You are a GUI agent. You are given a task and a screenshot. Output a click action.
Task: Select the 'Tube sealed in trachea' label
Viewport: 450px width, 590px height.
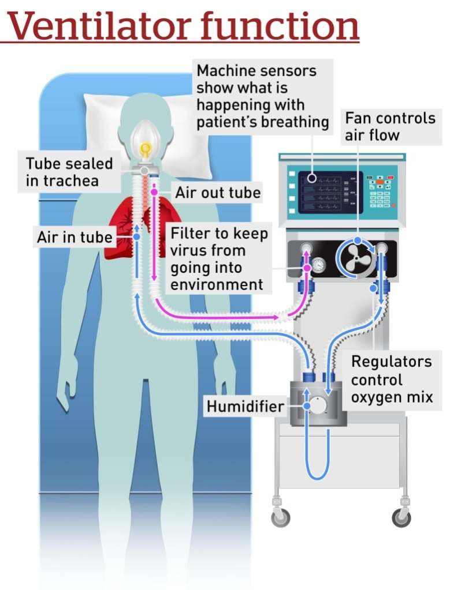click(69, 171)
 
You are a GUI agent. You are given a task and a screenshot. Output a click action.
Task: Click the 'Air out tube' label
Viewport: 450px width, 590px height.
click(218, 192)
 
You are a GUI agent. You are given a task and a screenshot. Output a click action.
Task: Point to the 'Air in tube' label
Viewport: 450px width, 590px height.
click(75, 236)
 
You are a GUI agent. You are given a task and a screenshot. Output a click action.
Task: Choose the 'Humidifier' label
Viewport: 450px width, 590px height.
click(246, 407)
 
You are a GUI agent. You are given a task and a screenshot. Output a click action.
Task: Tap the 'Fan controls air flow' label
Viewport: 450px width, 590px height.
click(389, 127)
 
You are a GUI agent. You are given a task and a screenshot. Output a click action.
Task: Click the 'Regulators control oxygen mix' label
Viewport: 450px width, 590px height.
click(392, 379)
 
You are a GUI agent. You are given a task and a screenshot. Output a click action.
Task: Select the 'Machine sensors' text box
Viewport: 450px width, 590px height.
click(262, 96)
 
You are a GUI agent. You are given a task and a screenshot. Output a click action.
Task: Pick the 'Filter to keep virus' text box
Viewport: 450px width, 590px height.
click(219, 259)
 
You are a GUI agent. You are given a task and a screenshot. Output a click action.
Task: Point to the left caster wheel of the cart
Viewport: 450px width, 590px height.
click(281, 517)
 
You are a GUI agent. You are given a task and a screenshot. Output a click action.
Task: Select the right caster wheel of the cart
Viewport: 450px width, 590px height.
click(401, 517)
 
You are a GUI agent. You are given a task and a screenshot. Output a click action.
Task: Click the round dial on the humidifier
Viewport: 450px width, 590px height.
click(317, 405)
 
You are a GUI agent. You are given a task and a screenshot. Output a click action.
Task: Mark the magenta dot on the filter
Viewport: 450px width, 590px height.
click(307, 268)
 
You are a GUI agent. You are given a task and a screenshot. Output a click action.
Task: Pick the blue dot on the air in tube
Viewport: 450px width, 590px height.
click(136, 236)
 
